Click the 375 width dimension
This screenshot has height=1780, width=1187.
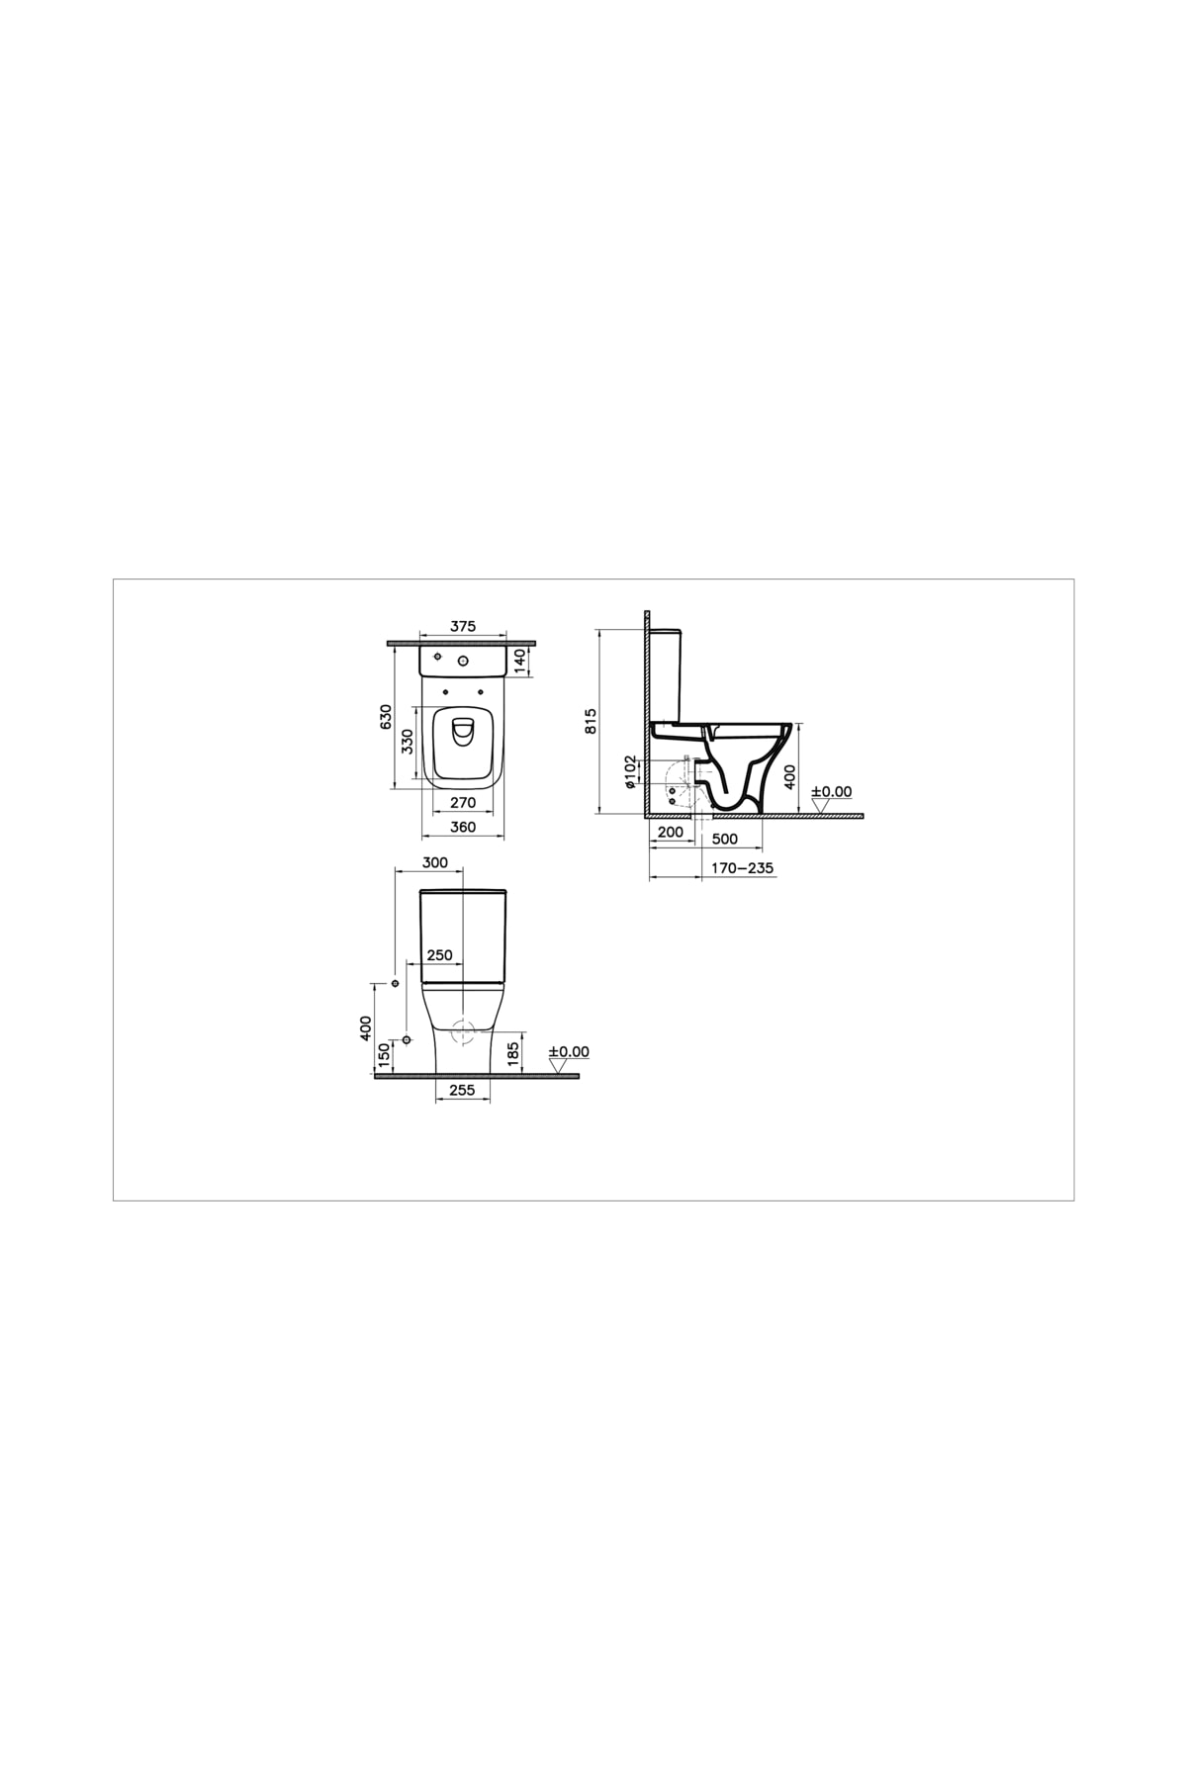[463, 626]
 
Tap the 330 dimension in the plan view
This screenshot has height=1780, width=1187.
[407, 741]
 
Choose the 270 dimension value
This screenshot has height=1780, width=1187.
[463, 803]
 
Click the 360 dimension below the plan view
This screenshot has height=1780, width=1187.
[463, 827]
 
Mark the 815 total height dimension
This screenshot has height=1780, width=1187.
[592, 721]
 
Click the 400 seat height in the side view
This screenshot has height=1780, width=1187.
[789, 776]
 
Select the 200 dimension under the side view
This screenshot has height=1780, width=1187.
[671, 833]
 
